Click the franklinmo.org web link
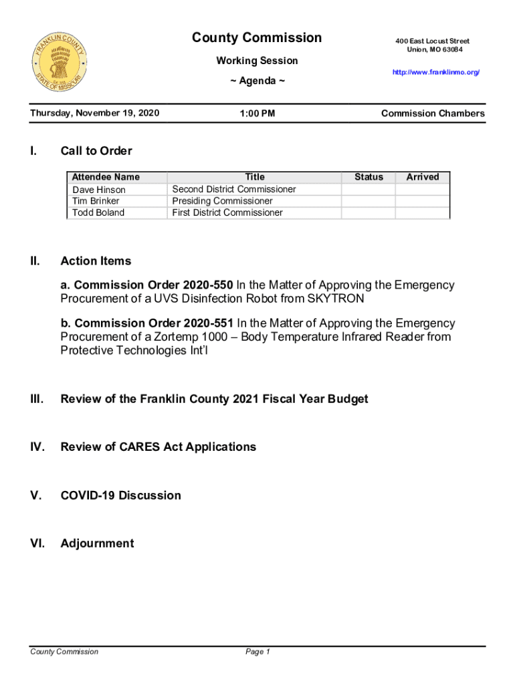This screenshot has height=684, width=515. [x=436, y=72]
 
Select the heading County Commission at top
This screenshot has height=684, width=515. [x=257, y=38]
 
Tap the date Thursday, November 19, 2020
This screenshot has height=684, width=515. [x=95, y=114]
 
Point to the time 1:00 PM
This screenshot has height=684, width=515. [x=257, y=114]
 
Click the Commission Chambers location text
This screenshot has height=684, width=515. [x=433, y=114]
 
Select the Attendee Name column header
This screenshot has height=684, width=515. [x=106, y=177]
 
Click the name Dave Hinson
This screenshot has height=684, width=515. [x=99, y=190]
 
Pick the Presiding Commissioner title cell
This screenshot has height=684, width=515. [x=222, y=201]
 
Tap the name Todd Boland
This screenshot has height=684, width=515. [x=98, y=212]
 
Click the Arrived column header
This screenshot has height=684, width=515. [x=423, y=177]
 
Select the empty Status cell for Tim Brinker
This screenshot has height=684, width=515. [x=368, y=201]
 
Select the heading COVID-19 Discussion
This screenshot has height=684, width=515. [x=120, y=496]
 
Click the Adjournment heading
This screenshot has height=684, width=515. [x=97, y=544]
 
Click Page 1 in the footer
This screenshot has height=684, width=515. [x=257, y=652]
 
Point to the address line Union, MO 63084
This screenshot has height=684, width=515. [x=434, y=50]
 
